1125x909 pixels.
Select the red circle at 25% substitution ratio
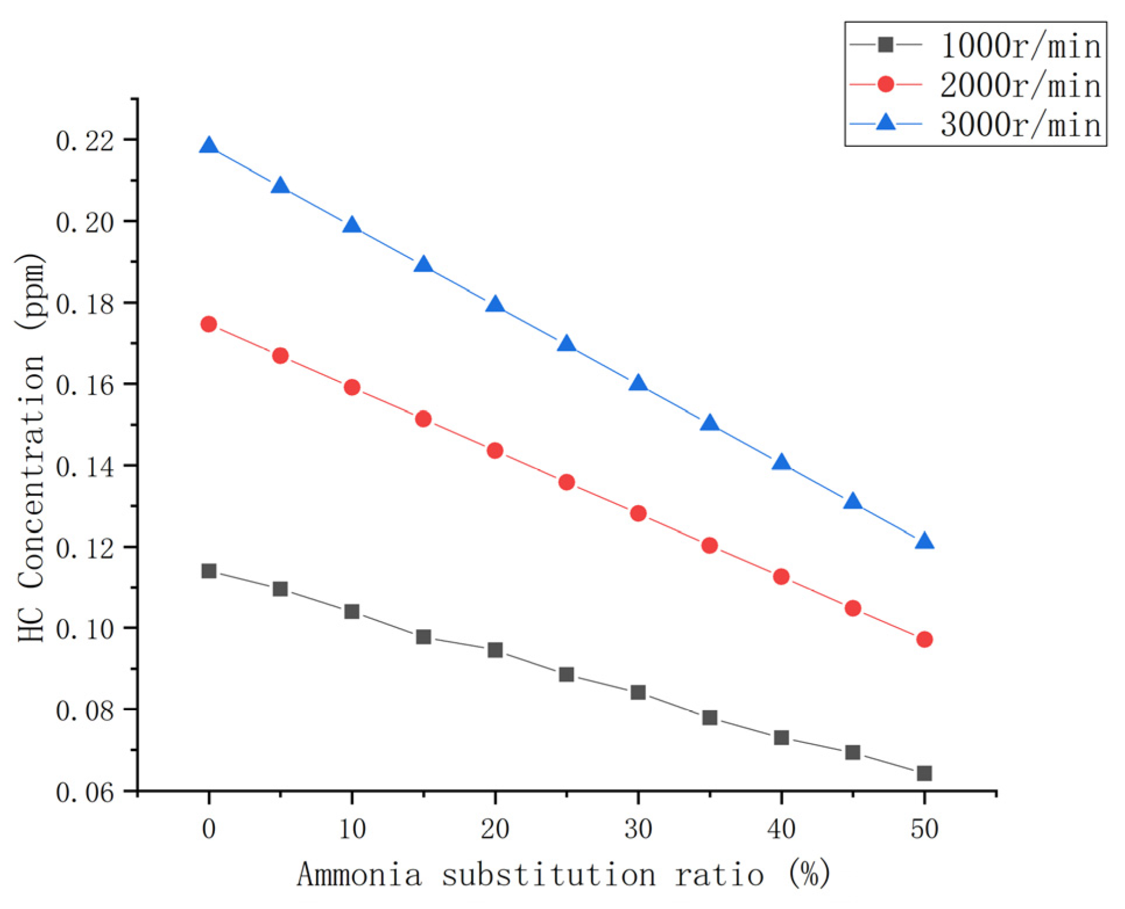point(566,482)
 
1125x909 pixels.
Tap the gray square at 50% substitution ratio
point(924,773)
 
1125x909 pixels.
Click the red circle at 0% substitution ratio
point(209,325)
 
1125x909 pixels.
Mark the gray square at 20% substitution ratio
point(495,650)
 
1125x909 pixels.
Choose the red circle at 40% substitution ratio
point(781,577)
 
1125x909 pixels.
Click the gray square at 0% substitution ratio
point(209,571)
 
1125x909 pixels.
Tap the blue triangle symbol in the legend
point(886,122)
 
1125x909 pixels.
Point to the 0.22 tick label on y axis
point(85,140)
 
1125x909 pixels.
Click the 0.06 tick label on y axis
point(85,792)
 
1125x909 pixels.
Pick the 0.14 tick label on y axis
point(85,467)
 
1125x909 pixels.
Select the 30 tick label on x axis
point(638,829)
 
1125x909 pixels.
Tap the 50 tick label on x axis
point(924,829)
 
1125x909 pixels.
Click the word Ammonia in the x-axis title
point(359,875)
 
